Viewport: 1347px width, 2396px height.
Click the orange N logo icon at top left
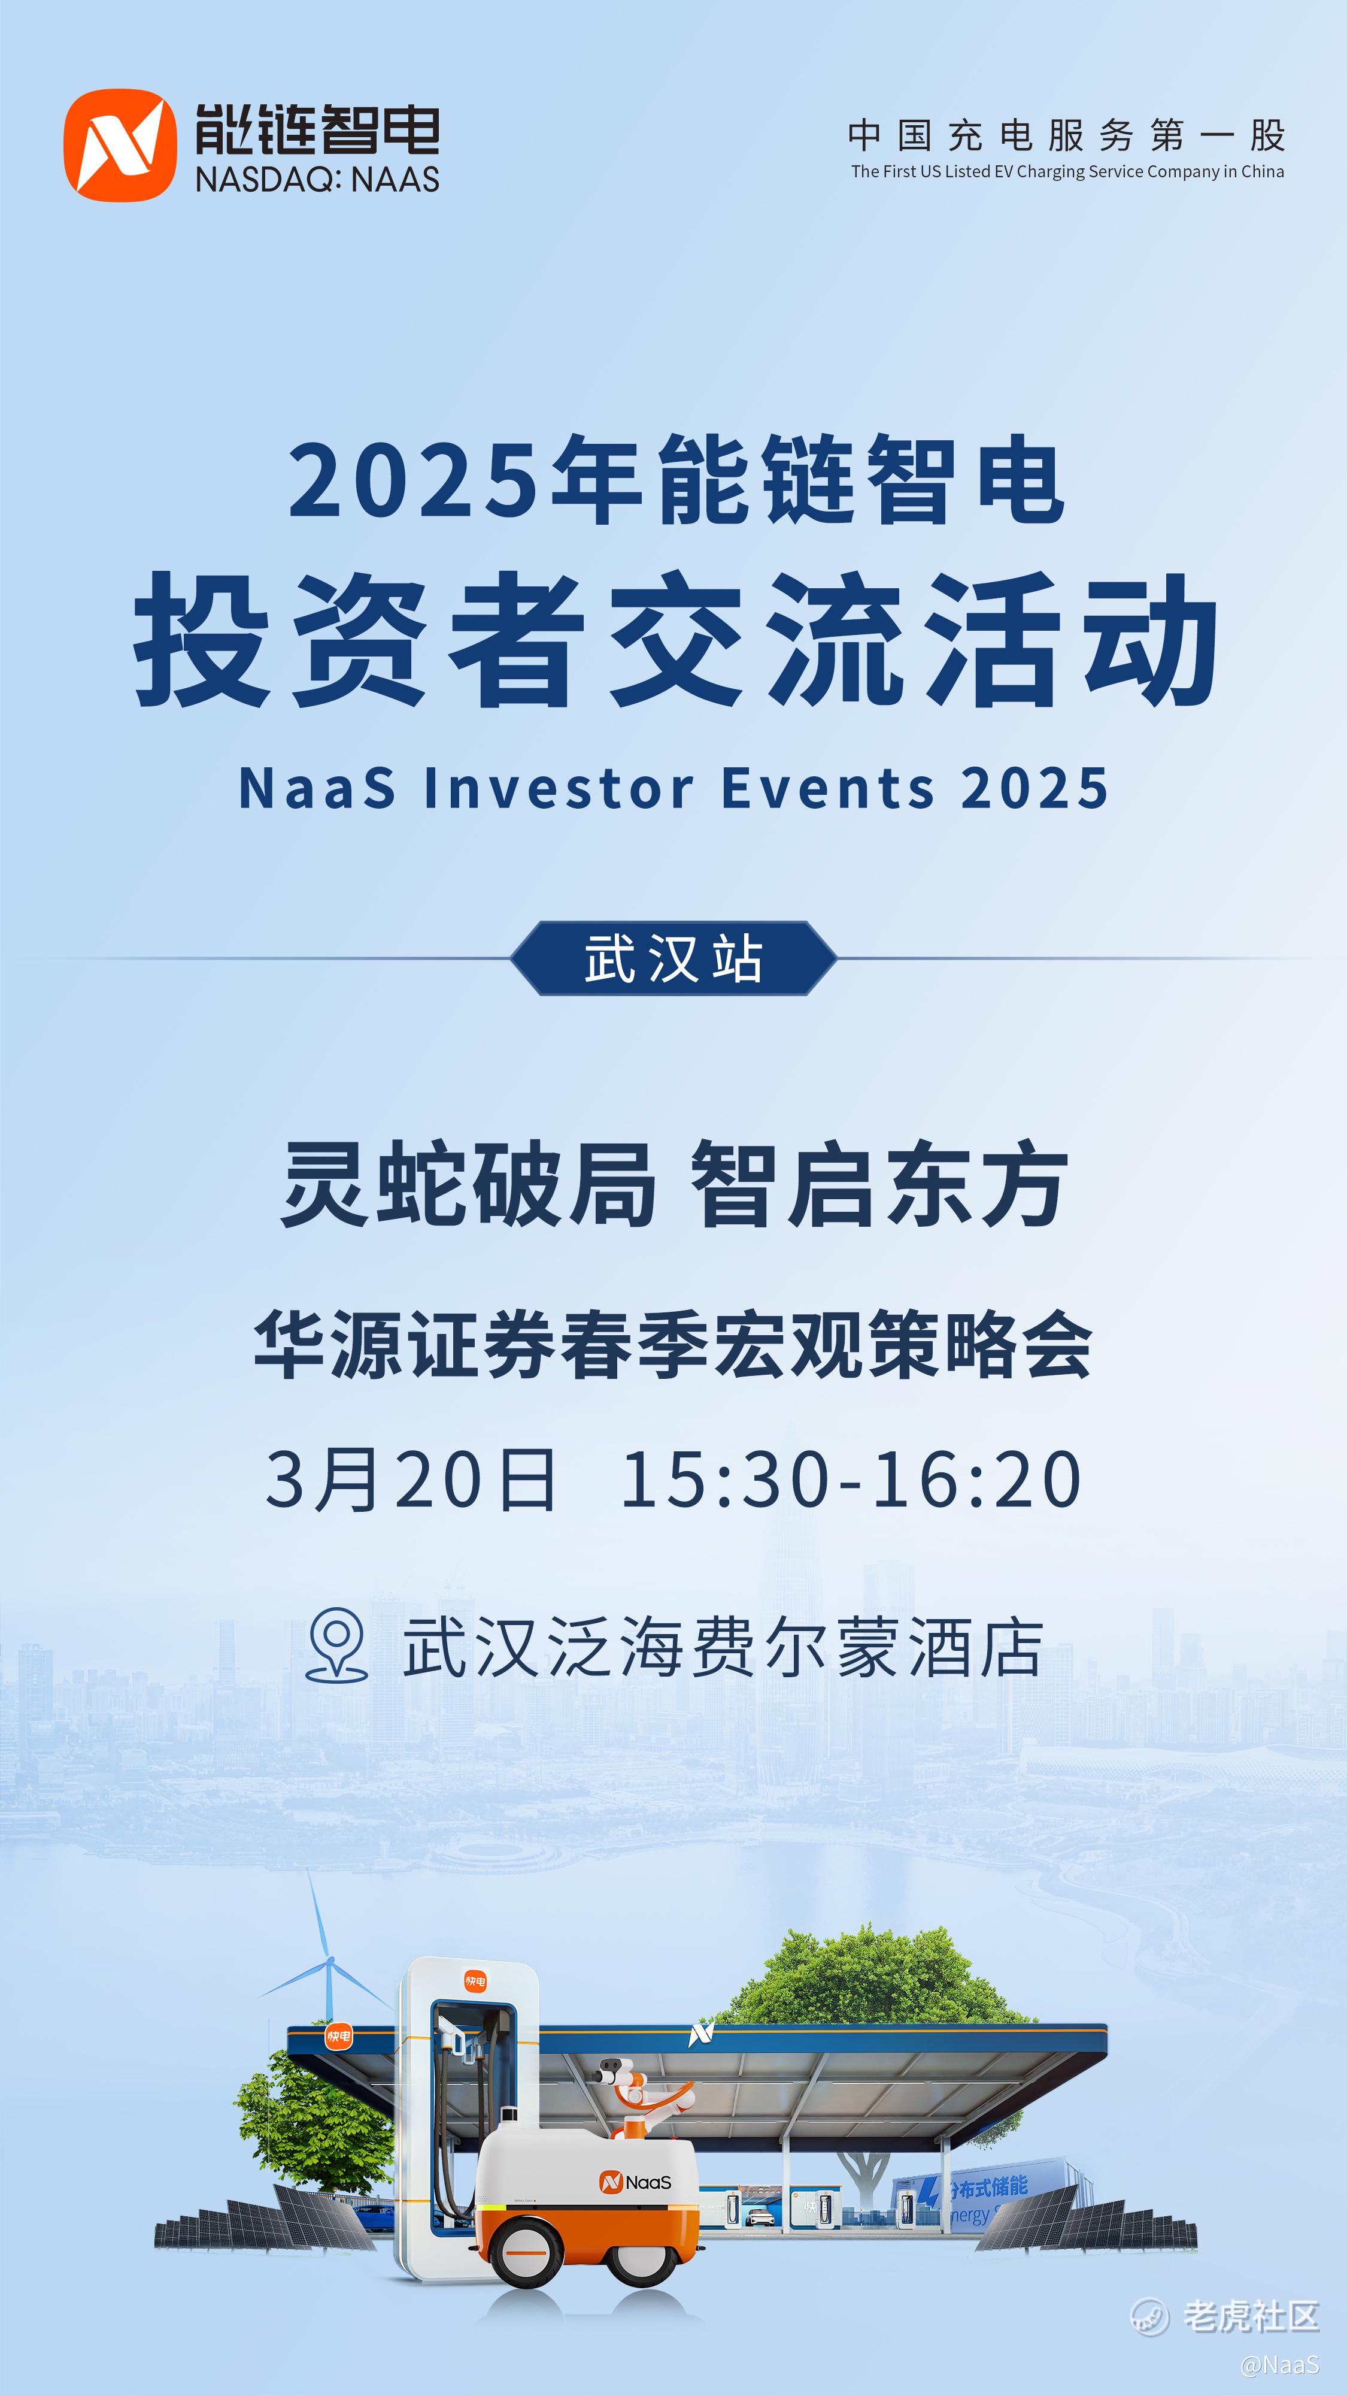coord(120,145)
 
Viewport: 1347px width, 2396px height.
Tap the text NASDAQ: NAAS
coord(317,179)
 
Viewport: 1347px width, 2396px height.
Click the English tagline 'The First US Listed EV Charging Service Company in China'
coord(1067,171)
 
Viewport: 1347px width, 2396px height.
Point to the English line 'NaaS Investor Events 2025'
coord(674,789)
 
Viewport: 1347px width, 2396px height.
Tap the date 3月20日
coord(411,1479)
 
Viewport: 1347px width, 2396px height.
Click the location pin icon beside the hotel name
coord(336,1644)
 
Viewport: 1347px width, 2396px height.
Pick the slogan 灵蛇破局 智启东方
coord(674,1184)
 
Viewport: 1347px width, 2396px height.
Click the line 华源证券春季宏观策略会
coord(673,1345)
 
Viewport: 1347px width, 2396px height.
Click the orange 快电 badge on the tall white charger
coord(475,1981)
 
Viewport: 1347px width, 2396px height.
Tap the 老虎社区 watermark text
coord(1251,2316)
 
